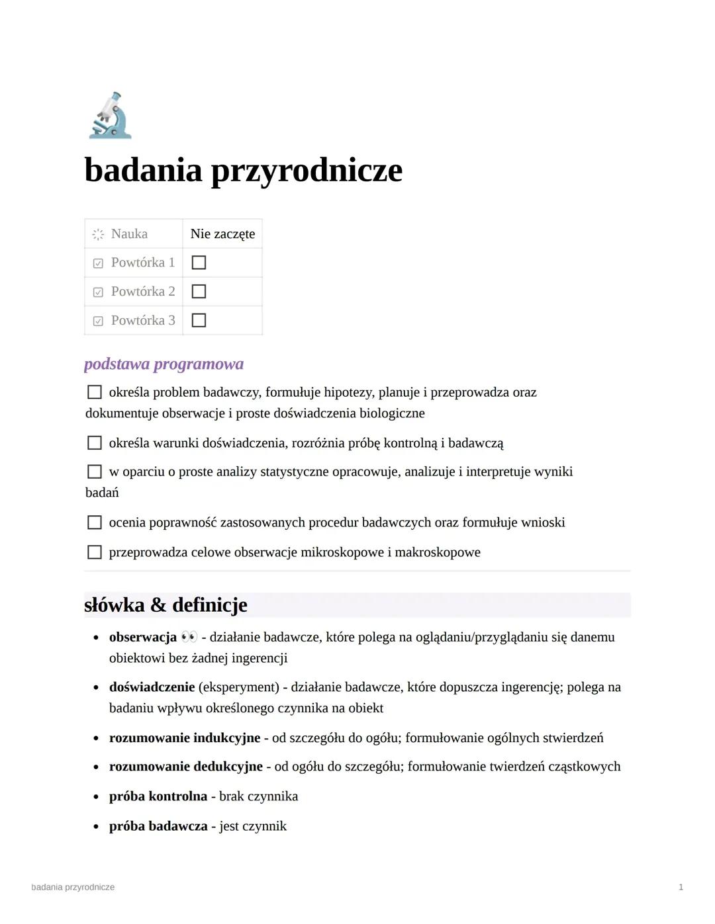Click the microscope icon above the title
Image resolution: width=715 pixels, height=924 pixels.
point(111,116)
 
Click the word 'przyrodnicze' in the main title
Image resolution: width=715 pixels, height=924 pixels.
point(307,171)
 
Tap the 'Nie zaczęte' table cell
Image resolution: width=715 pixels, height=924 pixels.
point(222,233)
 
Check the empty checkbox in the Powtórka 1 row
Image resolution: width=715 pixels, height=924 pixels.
point(199,263)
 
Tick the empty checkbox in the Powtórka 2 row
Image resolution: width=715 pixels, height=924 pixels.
point(199,292)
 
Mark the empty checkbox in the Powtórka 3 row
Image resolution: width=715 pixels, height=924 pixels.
point(199,321)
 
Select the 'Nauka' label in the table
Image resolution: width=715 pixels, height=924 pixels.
point(129,233)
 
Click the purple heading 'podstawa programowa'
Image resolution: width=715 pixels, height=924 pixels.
point(164,364)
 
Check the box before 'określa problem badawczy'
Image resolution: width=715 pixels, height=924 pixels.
point(95,392)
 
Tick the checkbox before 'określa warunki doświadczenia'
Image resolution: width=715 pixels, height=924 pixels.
point(95,443)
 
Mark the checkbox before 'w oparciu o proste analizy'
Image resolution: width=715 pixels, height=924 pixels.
point(95,472)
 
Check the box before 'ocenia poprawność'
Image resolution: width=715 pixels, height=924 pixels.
point(95,523)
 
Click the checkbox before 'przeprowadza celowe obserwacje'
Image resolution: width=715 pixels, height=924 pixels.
point(95,552)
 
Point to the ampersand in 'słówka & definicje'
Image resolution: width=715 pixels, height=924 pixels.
point(158,605)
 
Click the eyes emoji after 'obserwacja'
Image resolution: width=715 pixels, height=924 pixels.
point(189,637)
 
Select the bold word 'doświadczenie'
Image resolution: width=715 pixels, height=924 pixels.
point(152,687)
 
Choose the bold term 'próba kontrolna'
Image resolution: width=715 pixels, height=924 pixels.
point(158,796)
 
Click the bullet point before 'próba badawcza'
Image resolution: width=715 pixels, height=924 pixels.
point(96,827)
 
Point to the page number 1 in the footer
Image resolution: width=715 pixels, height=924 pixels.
point(681,887)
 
